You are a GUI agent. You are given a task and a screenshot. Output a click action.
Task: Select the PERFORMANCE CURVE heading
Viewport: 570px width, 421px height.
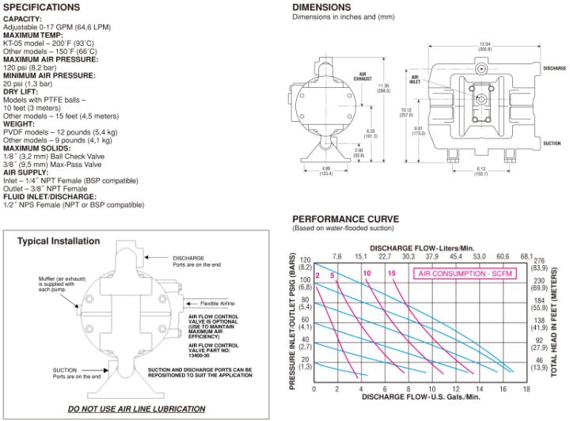(345, 218)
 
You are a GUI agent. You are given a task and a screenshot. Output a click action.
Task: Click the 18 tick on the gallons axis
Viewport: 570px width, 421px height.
(526, 389)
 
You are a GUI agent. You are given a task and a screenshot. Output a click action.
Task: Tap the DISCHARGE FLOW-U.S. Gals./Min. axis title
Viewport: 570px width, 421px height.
(420, 400)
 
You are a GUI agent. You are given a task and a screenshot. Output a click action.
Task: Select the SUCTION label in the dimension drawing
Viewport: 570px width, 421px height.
(554, 145)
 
